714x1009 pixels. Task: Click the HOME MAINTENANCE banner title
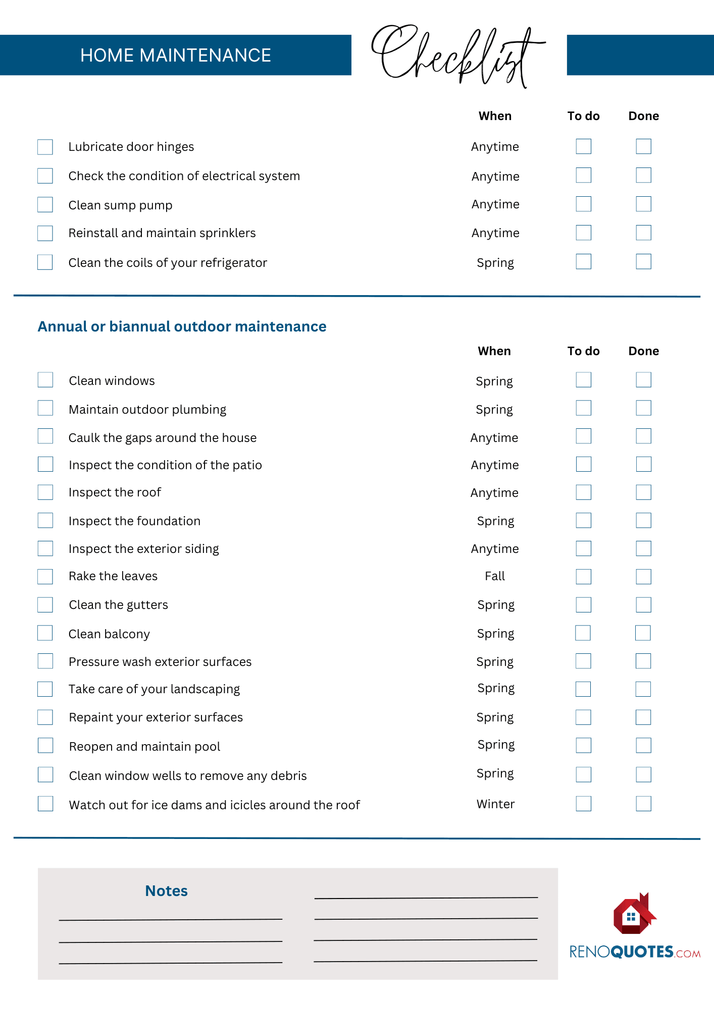click(175, 55)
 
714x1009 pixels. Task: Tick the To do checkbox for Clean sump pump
click(583, 204)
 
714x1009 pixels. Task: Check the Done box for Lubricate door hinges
click(643, 146)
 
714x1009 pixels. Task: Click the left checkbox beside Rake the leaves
click(45, 577)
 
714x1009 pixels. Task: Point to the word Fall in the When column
click(495, 576)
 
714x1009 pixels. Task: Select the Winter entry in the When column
click(495, 804)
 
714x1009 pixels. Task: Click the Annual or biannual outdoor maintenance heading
click(182, 326)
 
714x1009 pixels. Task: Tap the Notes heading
click(166, 891)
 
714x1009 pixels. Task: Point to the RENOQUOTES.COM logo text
click(635, 952)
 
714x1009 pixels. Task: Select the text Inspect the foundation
click(134, 521)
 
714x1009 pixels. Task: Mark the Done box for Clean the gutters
click(643, 605)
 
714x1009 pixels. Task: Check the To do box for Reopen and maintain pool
click(583, 745)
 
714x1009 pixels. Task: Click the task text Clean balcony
click(109, 634)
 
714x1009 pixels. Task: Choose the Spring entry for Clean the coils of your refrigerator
click(495, 263)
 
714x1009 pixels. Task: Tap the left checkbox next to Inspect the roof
click(45, 492)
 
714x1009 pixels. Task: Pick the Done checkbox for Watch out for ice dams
click(643, 804)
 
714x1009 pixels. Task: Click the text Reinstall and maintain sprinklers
click(162, 233)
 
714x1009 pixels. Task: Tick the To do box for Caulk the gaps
click(583, 436)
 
